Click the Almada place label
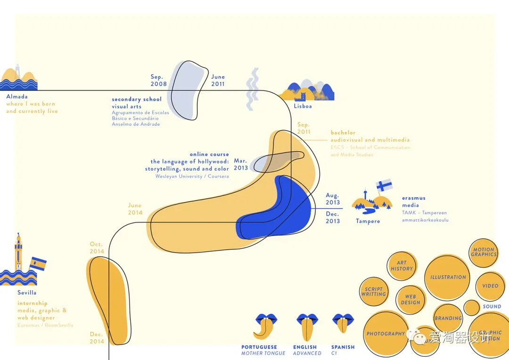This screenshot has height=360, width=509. point(17,97)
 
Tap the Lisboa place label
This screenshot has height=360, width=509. point(303,106)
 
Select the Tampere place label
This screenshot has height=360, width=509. point(368,221)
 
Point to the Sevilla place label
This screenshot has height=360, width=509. point(27,293)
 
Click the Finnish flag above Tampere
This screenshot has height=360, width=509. point(384,184)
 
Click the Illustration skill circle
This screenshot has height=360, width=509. point(448,278)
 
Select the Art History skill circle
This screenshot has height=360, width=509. point(402,266)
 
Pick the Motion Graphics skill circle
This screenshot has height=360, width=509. point(484,253)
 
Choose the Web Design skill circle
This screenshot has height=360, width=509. point(410,300)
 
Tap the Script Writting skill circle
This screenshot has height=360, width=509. point(374,292)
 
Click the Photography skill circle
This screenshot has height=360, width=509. point(386,334)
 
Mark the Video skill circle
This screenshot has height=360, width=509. point(490,286)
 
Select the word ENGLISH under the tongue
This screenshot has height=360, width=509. point(305,347)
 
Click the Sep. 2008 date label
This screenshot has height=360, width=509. point(158,81)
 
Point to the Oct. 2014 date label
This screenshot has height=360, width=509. point(96,248)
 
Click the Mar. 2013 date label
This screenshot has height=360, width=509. point(240,164)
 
